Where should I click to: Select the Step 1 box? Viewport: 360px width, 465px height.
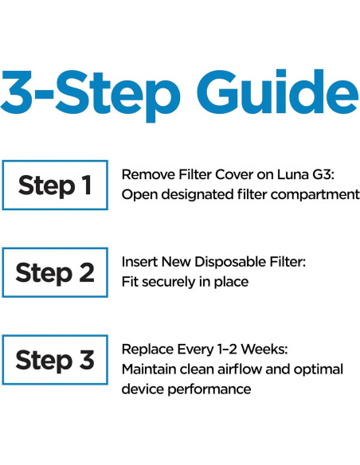coord(54,186)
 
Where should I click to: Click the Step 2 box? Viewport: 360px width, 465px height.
coord(54,272)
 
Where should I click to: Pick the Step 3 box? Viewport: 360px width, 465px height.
coord(54,360)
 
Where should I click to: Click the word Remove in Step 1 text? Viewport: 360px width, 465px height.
coord(144,174)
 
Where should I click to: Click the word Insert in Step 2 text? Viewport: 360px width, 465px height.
coord(139,261)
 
